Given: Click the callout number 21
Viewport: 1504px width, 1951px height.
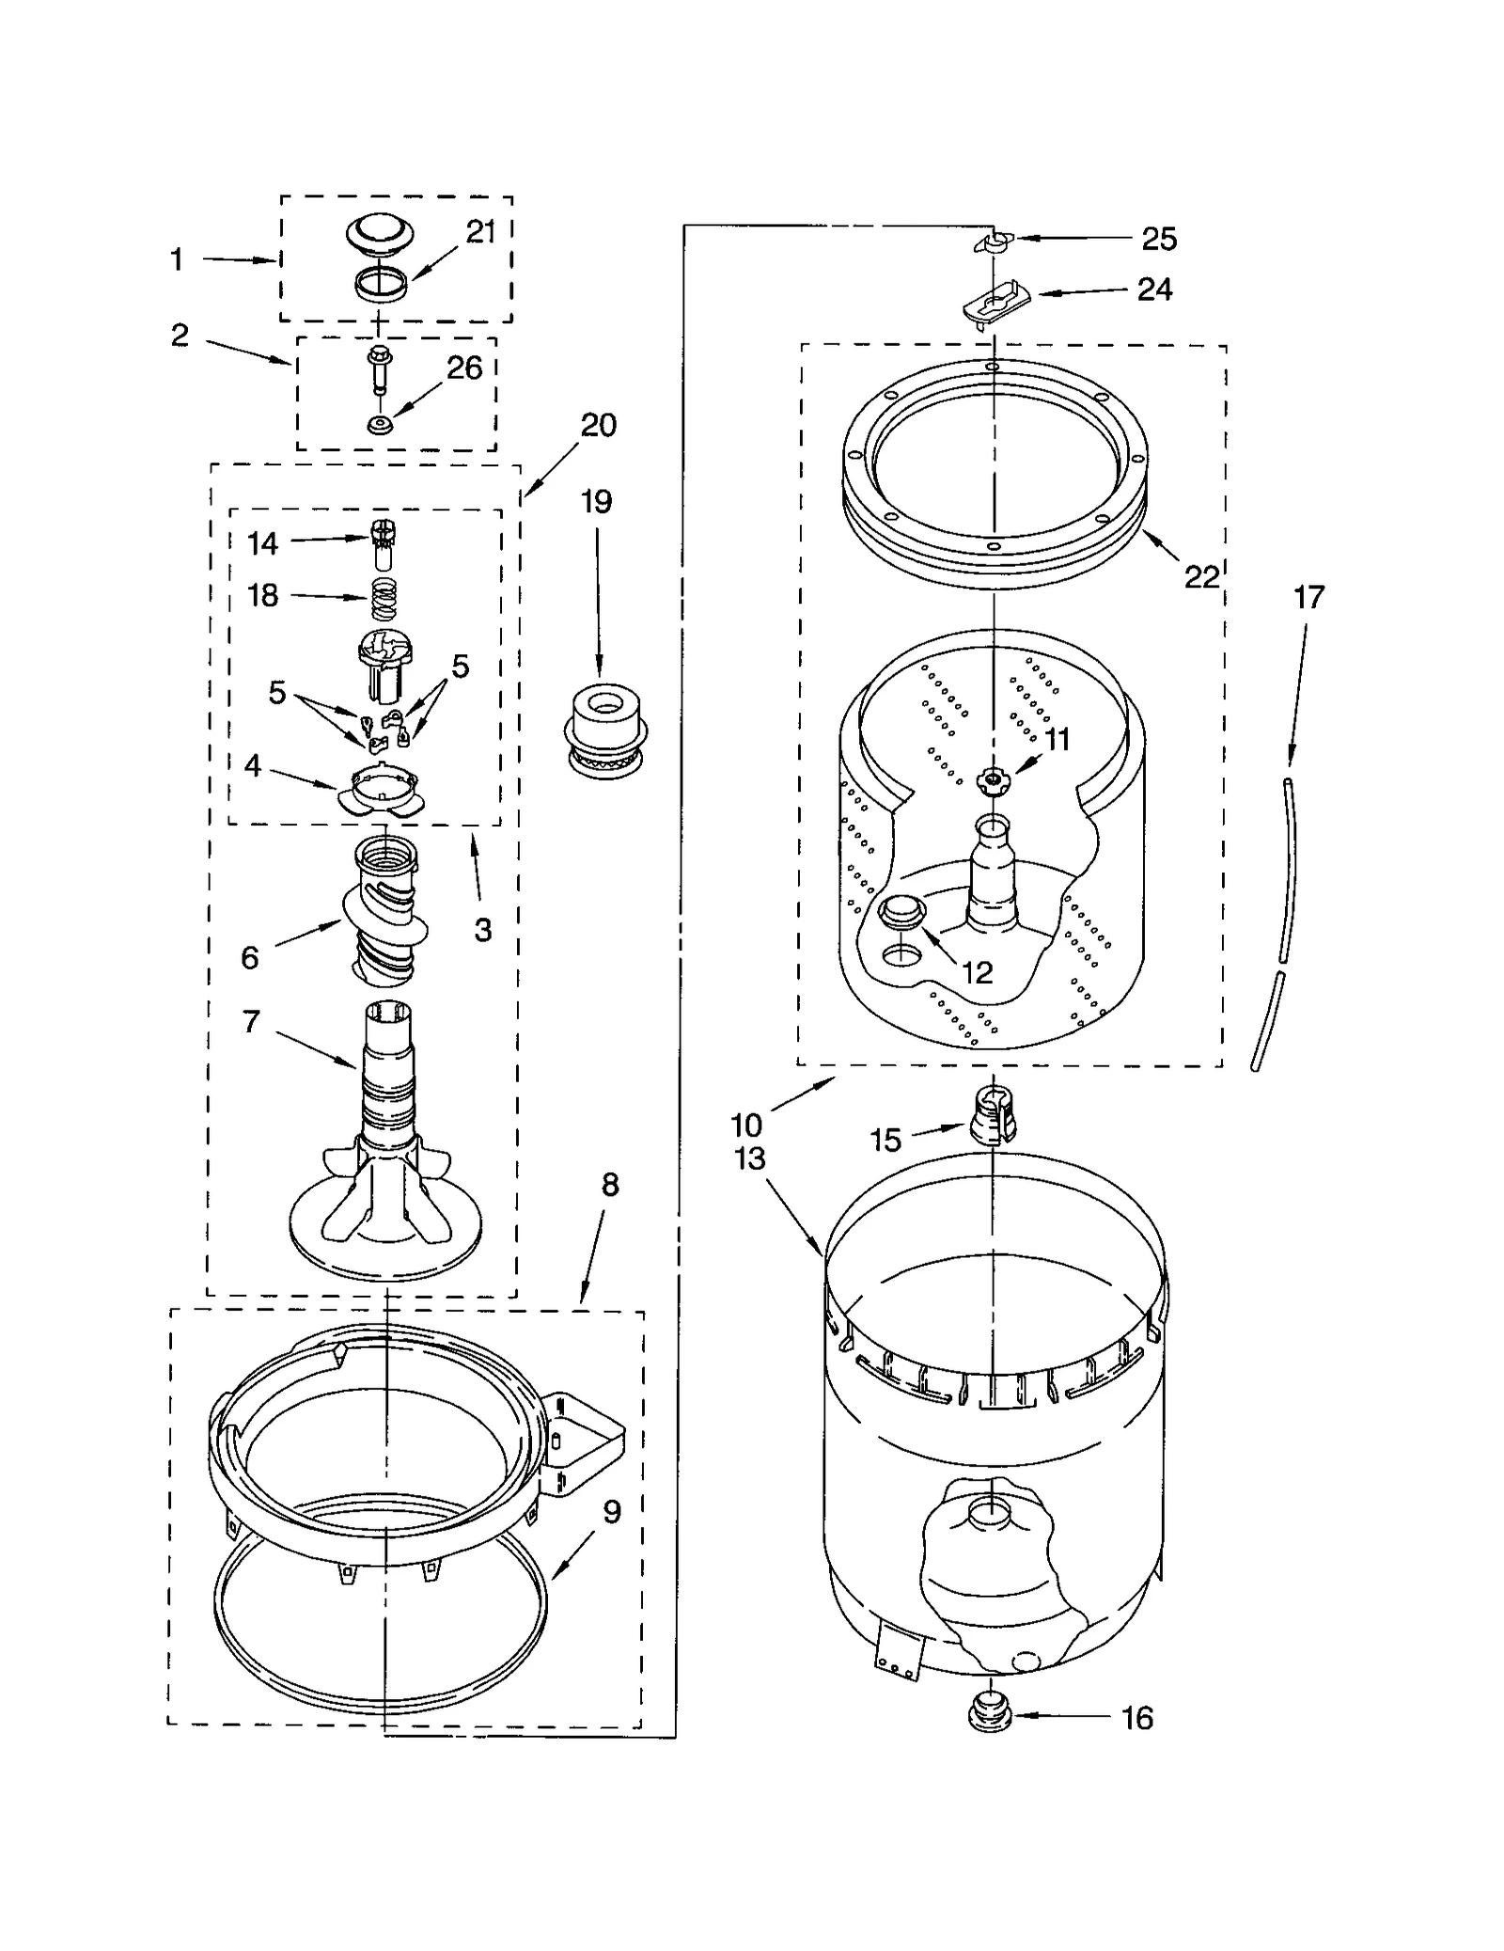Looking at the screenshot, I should pos(480,232).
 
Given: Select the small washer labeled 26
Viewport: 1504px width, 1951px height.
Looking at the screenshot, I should pos(380,426).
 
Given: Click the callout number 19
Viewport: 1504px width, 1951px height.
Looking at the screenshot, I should pos(596,502).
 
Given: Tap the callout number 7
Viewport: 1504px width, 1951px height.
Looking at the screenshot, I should pos(251,1021).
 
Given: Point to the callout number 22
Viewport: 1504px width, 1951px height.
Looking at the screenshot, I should pos(1200,576).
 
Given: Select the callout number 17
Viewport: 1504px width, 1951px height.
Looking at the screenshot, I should pos(1308,597).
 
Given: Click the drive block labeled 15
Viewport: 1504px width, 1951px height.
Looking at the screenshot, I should pos(993,1113).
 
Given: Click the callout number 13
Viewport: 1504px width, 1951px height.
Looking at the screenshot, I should pos(749,1158).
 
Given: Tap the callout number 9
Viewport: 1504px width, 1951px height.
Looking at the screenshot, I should pos(612,1512).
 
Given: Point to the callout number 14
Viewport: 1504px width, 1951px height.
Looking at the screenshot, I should pos(262,543).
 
